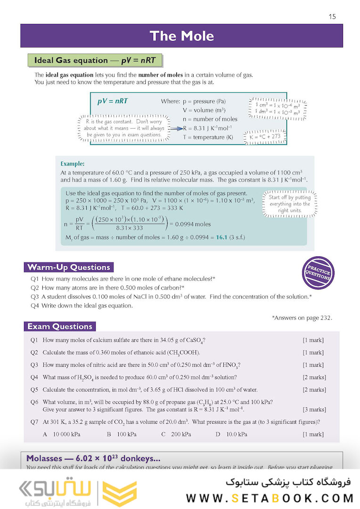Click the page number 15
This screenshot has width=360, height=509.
coord(332,16)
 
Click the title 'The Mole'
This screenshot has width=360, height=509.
coord(181,36)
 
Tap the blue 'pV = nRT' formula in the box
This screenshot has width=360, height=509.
coord(112,101)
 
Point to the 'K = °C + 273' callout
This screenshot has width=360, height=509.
coord(264,137)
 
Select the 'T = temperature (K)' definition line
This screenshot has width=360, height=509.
coord(208,137)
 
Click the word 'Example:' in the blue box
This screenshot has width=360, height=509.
coord(73,164)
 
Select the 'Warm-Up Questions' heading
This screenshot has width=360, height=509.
coord(69,267)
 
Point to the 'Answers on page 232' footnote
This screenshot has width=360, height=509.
coord(302,318)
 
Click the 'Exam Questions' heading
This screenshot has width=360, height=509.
coord(59,326)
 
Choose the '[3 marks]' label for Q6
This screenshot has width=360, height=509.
coord(314,410)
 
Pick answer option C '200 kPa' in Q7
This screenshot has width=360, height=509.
coord(176,434)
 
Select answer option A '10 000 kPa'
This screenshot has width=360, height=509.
coord(64,434)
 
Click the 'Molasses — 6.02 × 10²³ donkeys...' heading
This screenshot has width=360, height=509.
coord(93,458)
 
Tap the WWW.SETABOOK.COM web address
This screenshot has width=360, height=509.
coord(270,498)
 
